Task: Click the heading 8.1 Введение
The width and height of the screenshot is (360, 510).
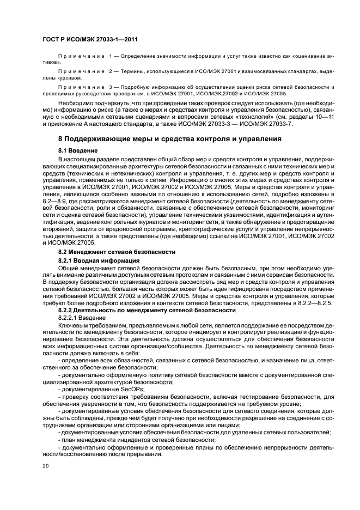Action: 78,150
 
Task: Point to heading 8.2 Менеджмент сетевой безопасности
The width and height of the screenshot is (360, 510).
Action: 117,252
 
